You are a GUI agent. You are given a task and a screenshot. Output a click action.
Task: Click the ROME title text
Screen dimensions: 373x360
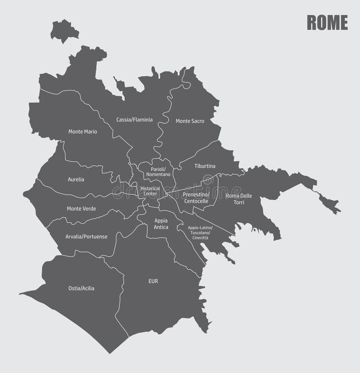click(x=327, y=22)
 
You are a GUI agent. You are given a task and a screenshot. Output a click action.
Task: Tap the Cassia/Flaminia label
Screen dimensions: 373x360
click(x=135, y=120)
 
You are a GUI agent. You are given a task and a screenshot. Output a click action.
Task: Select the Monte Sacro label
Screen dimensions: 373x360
click(x=190, y=121)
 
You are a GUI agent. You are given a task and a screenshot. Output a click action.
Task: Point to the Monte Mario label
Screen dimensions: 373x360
click(x=83, y=132)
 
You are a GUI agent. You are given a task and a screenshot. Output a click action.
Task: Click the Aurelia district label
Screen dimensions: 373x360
click(x=76, y=179)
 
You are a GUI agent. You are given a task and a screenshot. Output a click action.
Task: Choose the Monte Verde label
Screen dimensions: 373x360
click(x=81, y=208)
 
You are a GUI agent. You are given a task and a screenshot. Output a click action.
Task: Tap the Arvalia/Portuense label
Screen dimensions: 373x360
click(x=86, y=236)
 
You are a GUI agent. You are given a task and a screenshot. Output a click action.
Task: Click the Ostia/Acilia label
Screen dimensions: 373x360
click(x=81, y=288)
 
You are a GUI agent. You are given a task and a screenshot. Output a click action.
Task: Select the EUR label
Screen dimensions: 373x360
click(x=153, y=281)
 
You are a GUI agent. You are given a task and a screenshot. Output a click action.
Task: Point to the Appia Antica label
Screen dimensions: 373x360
click(x=161, y=224)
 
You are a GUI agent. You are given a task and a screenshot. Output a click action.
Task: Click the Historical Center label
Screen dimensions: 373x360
click(x=150, y=191)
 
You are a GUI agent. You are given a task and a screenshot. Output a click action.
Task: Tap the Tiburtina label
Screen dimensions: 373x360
click(x=205, y=166)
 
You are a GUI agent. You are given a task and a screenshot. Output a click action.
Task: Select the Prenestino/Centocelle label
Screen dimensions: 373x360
click(x=196, y=198)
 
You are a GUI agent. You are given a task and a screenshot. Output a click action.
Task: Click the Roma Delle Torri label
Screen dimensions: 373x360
click(x=239, y=199)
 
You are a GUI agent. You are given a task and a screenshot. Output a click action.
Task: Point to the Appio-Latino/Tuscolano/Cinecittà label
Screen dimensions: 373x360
click(x=200, y=233)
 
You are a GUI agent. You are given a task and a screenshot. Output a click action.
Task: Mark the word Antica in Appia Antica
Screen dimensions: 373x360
click(x=161, y=227)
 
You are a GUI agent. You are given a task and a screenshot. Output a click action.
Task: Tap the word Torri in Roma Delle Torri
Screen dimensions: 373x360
click(x=239, y=202)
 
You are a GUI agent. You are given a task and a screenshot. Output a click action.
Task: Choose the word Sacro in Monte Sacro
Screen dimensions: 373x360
click(x=197, y=121)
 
